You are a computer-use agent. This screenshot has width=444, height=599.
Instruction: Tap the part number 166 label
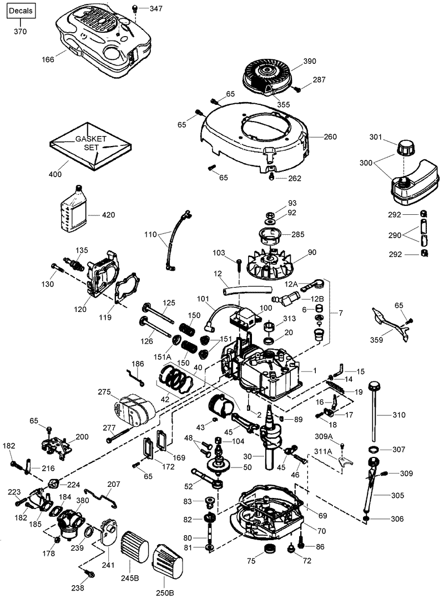(x=48, y=59)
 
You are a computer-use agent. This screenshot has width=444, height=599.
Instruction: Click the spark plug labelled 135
(x=74, y=261)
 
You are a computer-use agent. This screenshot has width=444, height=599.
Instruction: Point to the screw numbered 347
(x=134, y=8)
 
